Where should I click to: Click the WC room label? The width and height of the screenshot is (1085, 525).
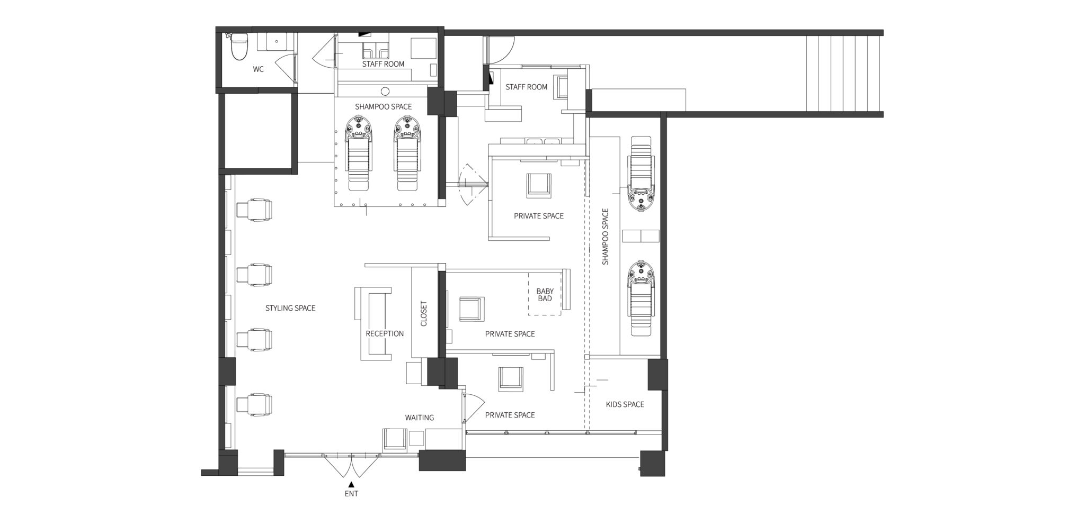(258, 69)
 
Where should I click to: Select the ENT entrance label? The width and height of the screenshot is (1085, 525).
(351, 494)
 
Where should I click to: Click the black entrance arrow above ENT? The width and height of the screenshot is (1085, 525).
(351, 484)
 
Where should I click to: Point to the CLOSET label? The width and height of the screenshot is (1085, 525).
(424, 314)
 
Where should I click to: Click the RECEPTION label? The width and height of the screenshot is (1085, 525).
(385, 334)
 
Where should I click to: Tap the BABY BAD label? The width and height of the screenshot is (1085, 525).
(545, 295)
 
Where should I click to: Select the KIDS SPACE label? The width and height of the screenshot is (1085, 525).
(625, 404)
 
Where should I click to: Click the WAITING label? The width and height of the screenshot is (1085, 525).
(420, 418)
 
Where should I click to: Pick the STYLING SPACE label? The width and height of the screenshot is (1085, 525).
(290, 308)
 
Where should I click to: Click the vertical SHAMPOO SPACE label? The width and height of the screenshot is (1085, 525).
(606, 237)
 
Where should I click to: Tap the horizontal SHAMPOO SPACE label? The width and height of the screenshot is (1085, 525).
(384, 107)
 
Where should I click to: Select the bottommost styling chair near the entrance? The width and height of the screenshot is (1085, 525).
(254, 404)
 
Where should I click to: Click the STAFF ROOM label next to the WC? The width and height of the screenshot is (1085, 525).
(383, 64)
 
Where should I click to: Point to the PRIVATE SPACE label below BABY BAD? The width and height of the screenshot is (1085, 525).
(510, 334)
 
